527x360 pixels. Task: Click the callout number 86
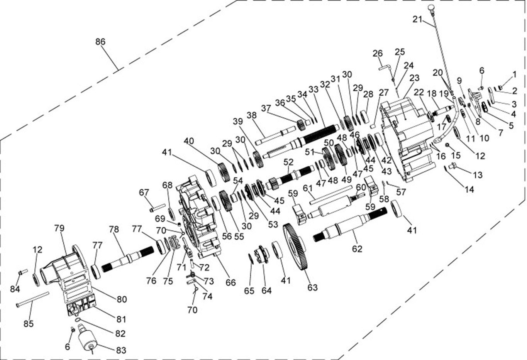(100, 42)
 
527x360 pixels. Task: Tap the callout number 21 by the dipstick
(417, 19)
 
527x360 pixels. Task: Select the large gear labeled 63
(296, 247)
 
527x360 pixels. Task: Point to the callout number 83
(120, 350)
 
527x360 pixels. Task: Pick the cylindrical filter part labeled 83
(86, 341)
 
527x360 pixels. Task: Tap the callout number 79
(59, 228)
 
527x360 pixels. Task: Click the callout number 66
(230, 282)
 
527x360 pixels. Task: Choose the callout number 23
(414, 78)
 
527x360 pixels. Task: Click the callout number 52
(288, 162)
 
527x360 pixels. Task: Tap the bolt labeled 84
(22, 272)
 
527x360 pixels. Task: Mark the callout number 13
(478, 175)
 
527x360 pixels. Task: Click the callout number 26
(377, 53)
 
